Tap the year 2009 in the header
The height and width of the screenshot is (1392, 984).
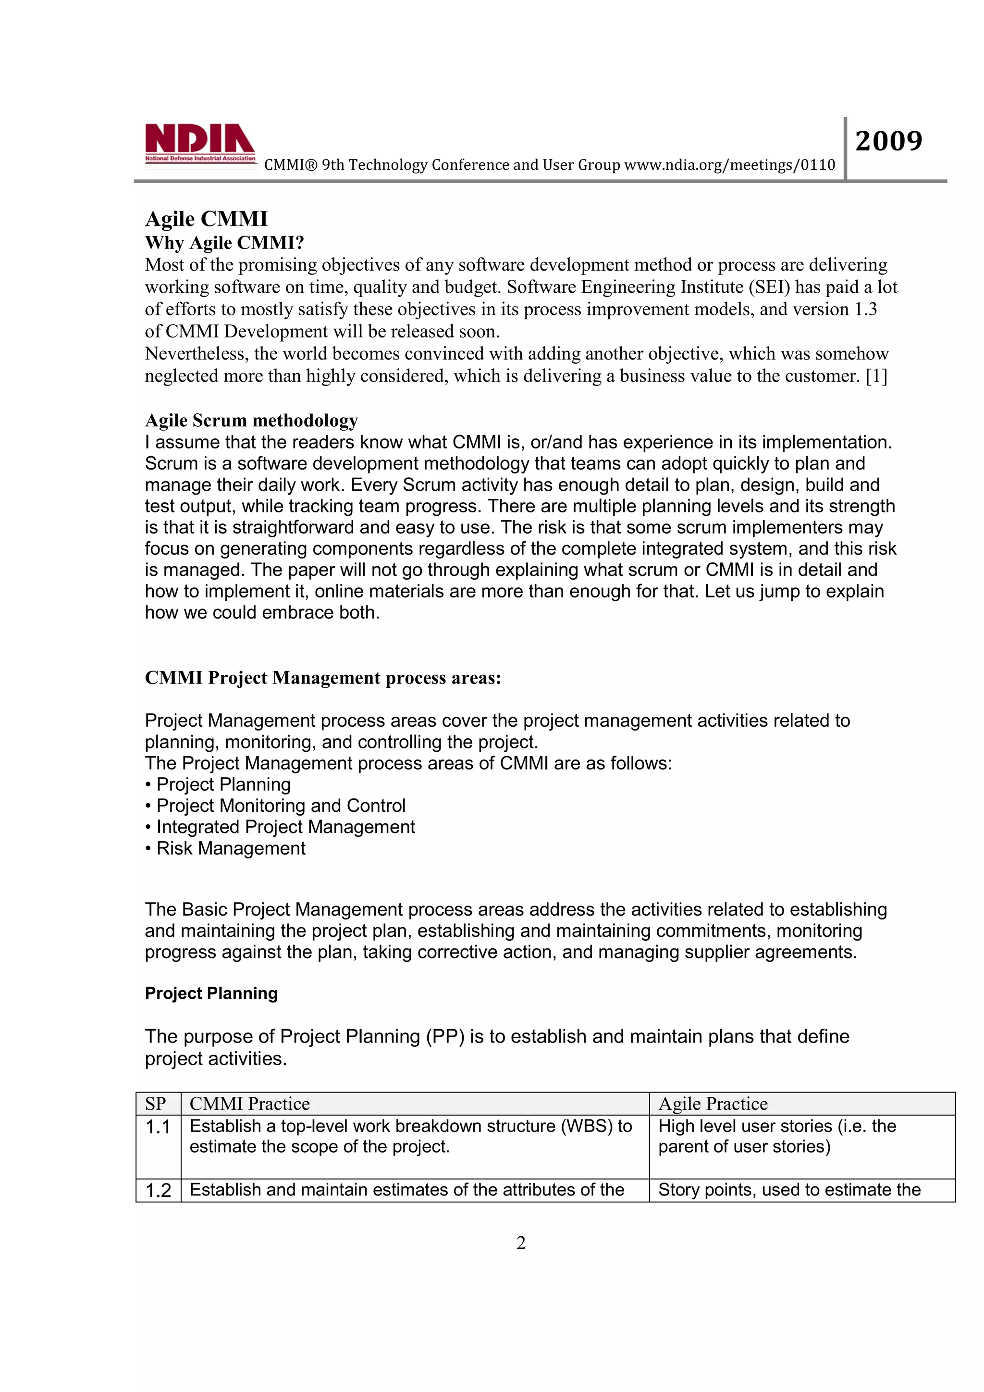[x=888, y=141]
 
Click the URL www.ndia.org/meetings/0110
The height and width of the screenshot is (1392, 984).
[x=729, y=165]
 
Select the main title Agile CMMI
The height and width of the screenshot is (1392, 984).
[x=206, y=219]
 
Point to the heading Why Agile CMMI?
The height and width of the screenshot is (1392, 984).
[x=224, y=243]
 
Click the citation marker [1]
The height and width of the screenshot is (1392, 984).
[x=876, y=376]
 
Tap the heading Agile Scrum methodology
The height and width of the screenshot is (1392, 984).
[x=251, y=420]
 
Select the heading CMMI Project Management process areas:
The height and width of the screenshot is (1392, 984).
[x=323, y=678]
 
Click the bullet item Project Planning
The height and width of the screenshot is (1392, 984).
[x=223, y=784]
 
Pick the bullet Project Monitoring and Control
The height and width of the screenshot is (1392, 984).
[x=281, y=806]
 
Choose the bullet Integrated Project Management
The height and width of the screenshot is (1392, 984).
[x=285, y=827]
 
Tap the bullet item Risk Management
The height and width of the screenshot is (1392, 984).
[x=230, y=848]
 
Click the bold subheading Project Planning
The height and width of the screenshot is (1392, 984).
[x=211, y=993]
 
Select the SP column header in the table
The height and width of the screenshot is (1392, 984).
[x=156, y=1104]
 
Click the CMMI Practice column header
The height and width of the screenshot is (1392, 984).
[x=250, y=1104]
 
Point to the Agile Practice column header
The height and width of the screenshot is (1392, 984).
[x=713, y=1104]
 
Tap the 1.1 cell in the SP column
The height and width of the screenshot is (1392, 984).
[x=158, y=1127]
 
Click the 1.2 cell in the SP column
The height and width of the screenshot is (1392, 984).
[x=158, y=1191]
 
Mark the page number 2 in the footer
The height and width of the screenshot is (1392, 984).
[x=520, y=1243]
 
